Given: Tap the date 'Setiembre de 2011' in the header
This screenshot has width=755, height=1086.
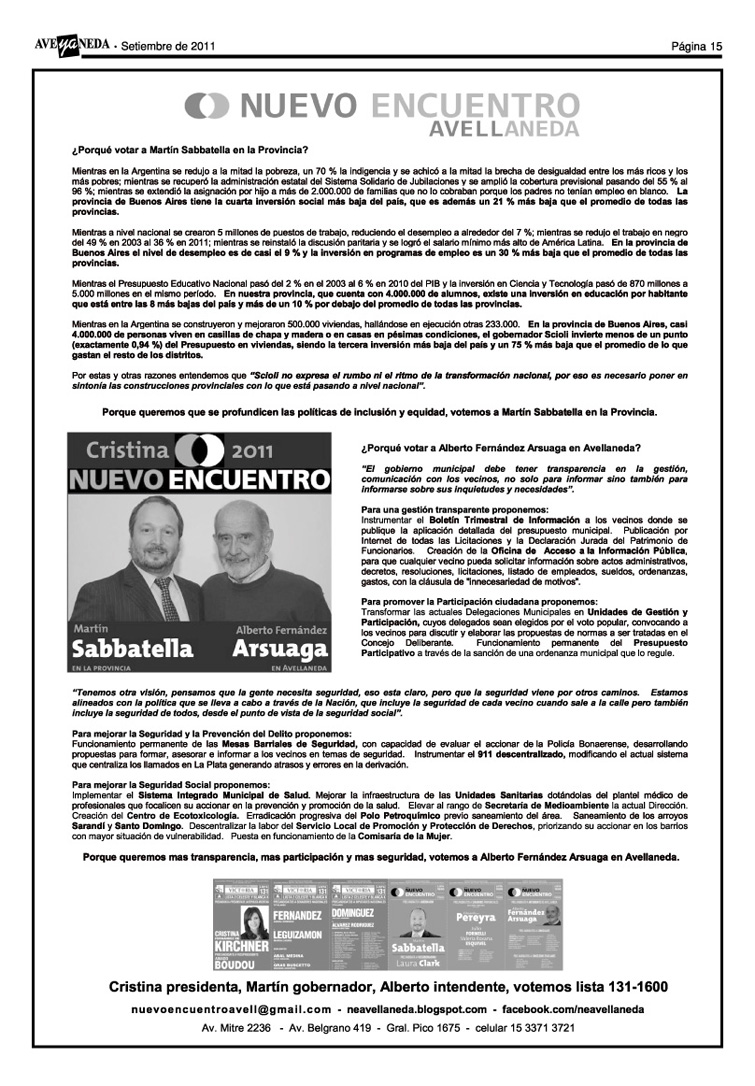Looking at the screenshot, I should point(162,46).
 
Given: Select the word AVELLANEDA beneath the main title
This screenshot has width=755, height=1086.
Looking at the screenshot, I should point(504,130).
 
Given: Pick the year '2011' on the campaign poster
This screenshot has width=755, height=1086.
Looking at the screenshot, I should point(257,449).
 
